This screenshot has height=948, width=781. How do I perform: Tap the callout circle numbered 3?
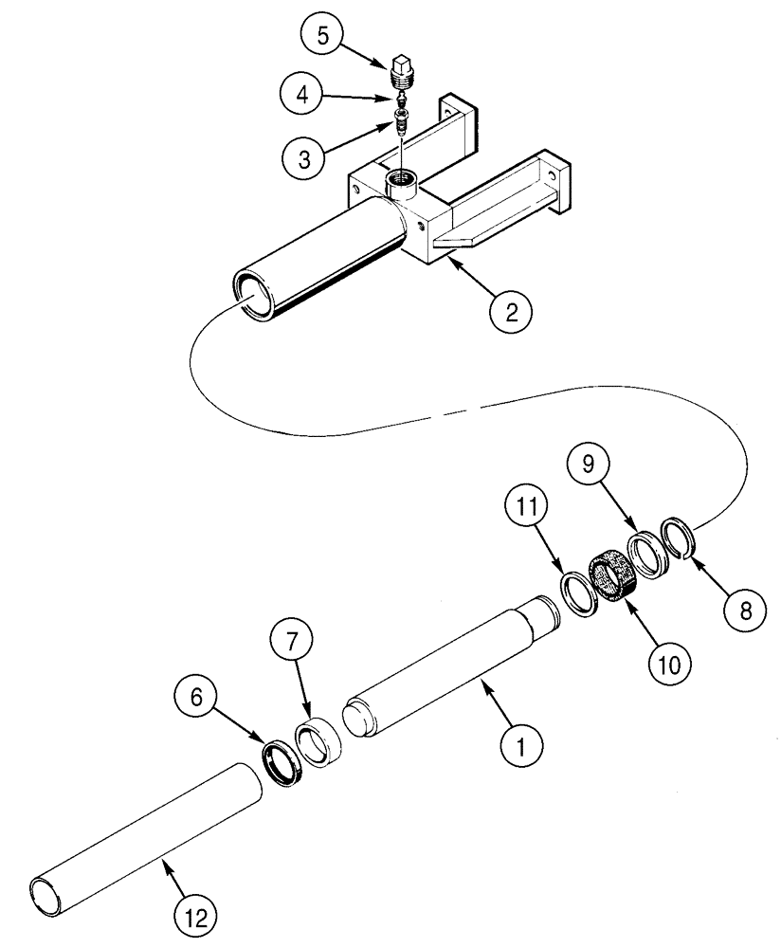(x=304, y=157)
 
